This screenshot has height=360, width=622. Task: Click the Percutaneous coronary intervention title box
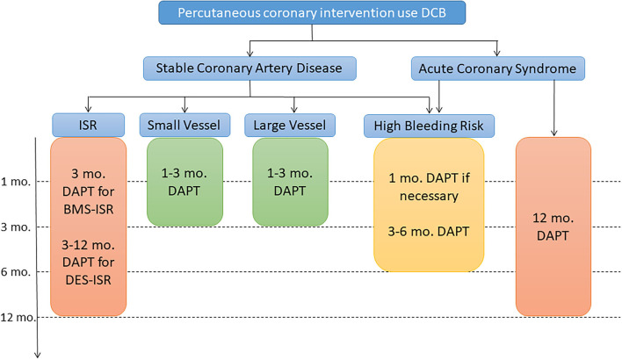pyautogui.click(x=299, y=13)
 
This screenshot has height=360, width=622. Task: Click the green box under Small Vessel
pyautogui.click(x=183, y=182)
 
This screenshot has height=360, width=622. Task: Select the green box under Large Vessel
pyautogui.click(x=290, y=182)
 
